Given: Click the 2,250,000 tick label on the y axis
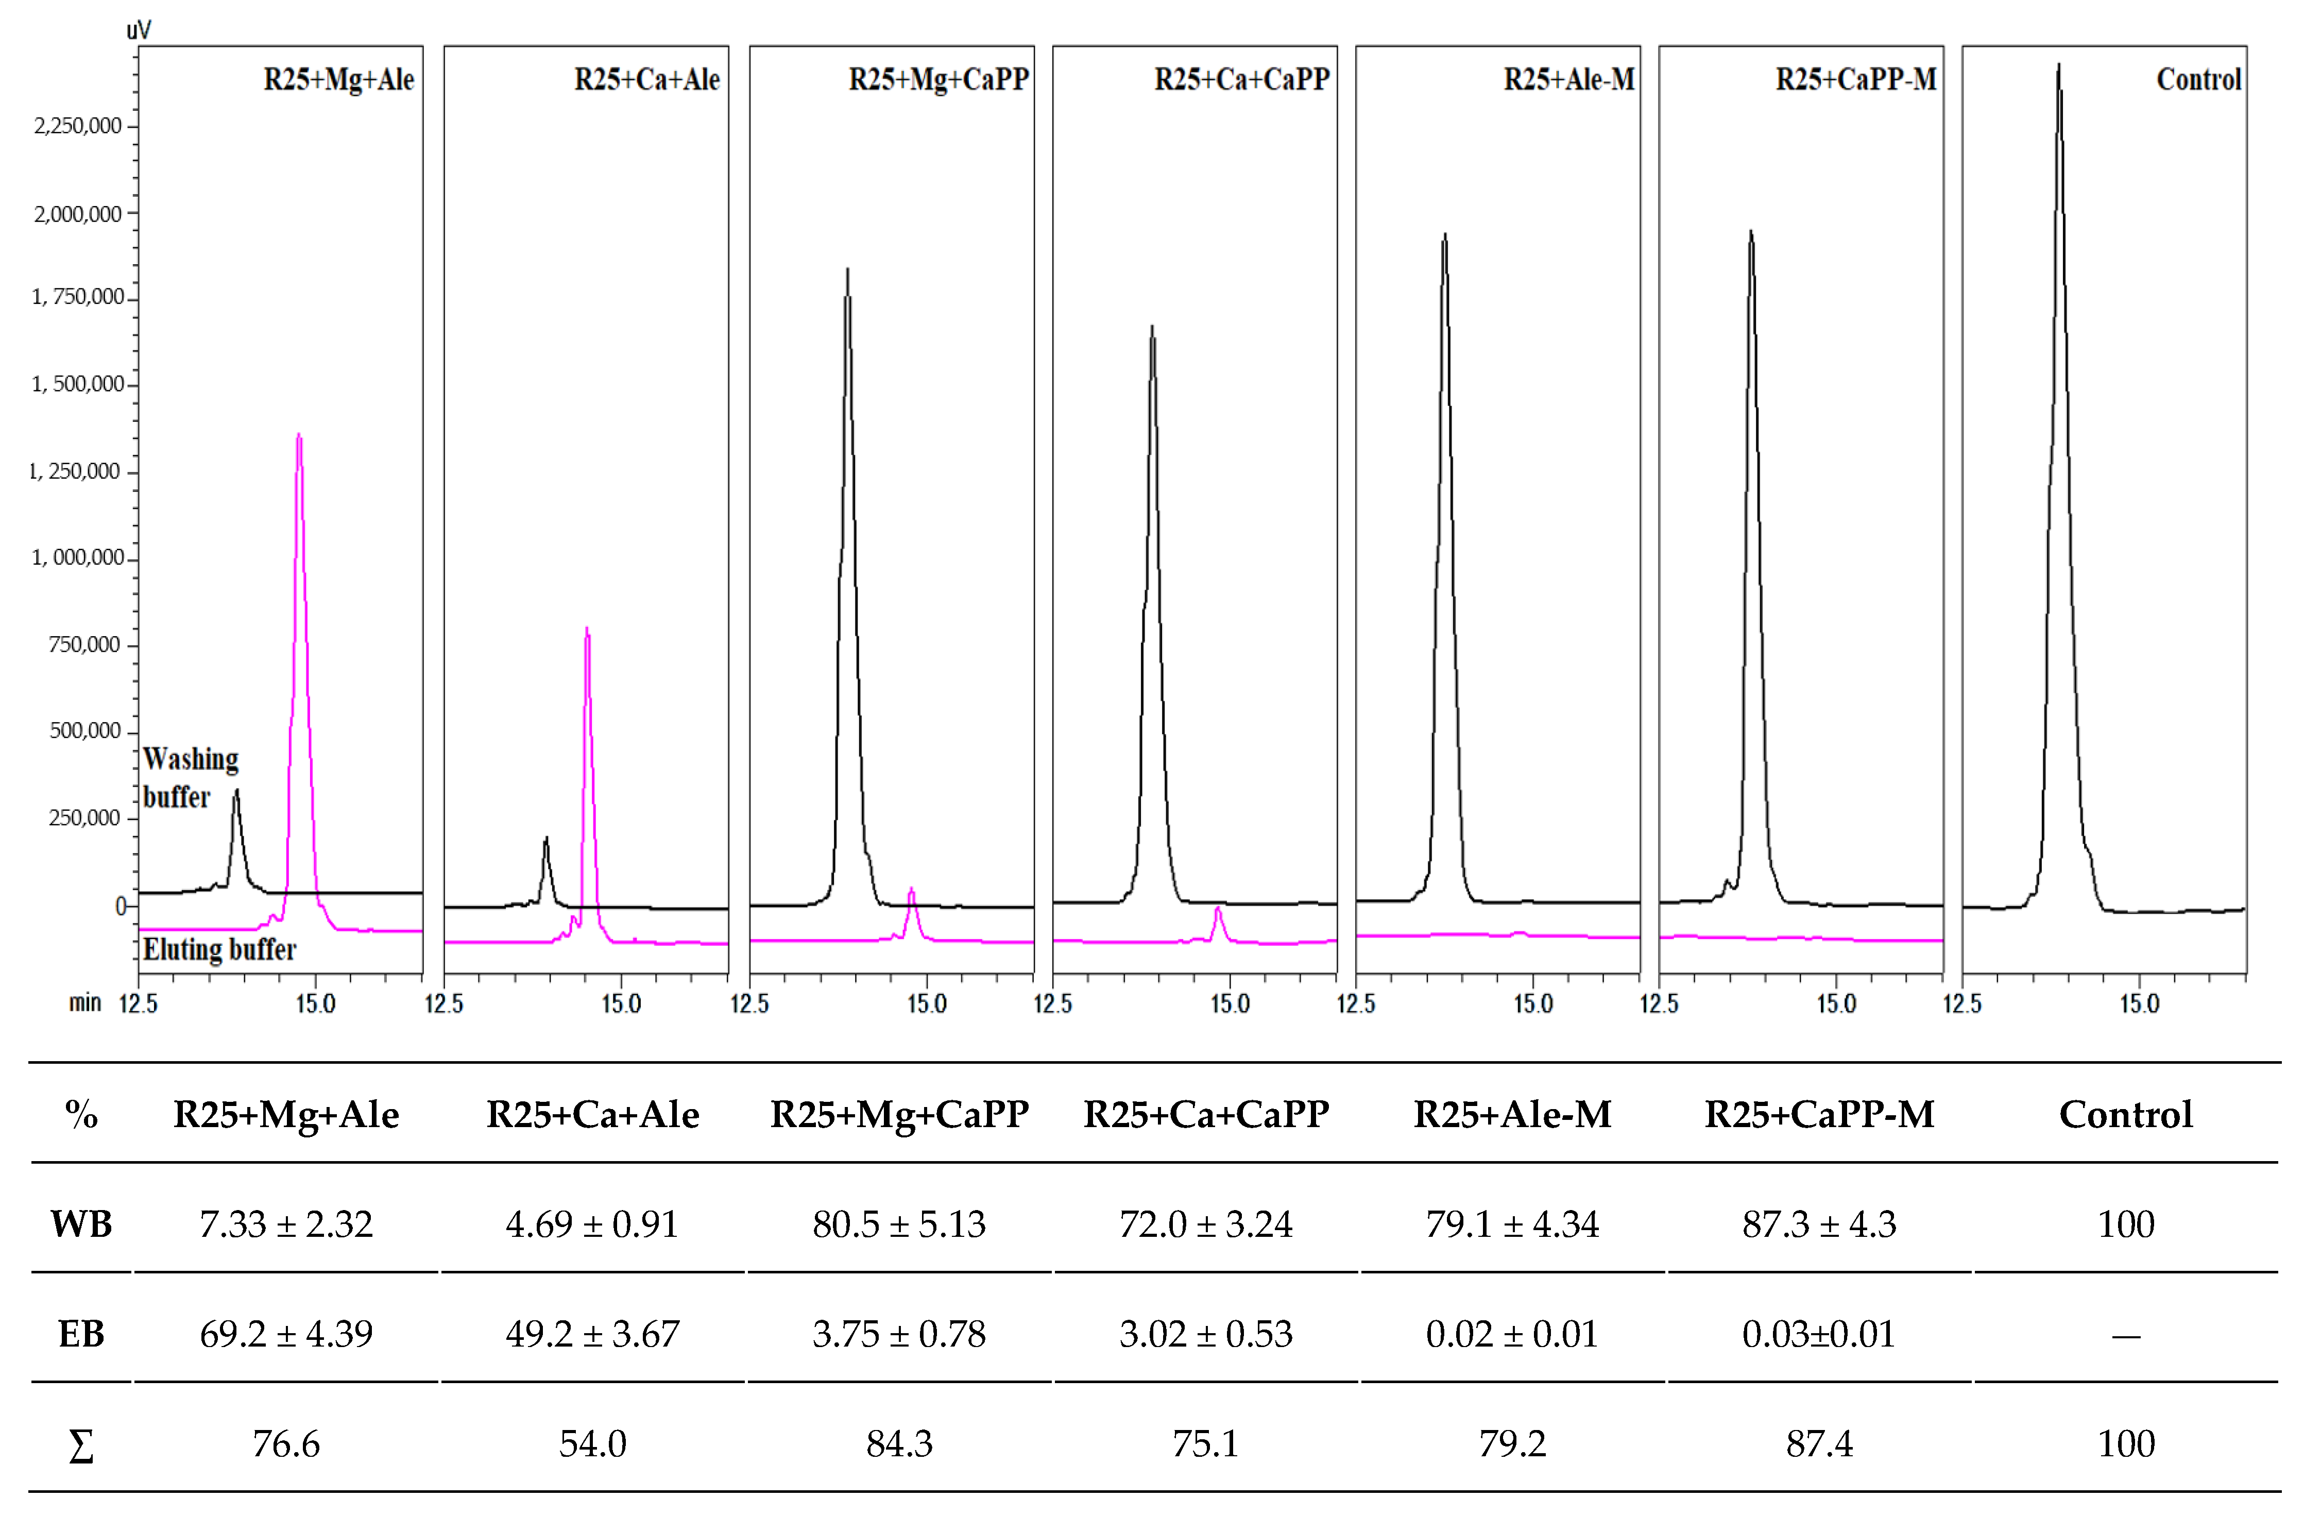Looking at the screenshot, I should click(x=77, y=126).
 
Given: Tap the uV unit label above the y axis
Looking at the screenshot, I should click(x=139, y=30).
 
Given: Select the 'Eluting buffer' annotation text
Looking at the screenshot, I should click(x=219, y=950).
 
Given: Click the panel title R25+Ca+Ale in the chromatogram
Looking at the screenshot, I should click(x=646, y=79).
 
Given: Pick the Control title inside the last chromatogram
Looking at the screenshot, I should click(x=2198, y=79).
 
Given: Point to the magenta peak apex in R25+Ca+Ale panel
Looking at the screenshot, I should click(x=587, y=629).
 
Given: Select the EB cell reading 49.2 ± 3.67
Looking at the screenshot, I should click(x=592, y=1334).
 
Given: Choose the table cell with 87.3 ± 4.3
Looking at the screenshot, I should click(x=1819, y=1224).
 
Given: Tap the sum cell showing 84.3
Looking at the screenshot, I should click(x=899, y=1443).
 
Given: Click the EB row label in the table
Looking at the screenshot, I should click(x=81, y=1334).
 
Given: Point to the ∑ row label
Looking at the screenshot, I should click(x=81, y=1445).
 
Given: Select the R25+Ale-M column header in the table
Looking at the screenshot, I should click(x=1512, y=1114).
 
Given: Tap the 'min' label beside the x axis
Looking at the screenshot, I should click(x=85, y=1003).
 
